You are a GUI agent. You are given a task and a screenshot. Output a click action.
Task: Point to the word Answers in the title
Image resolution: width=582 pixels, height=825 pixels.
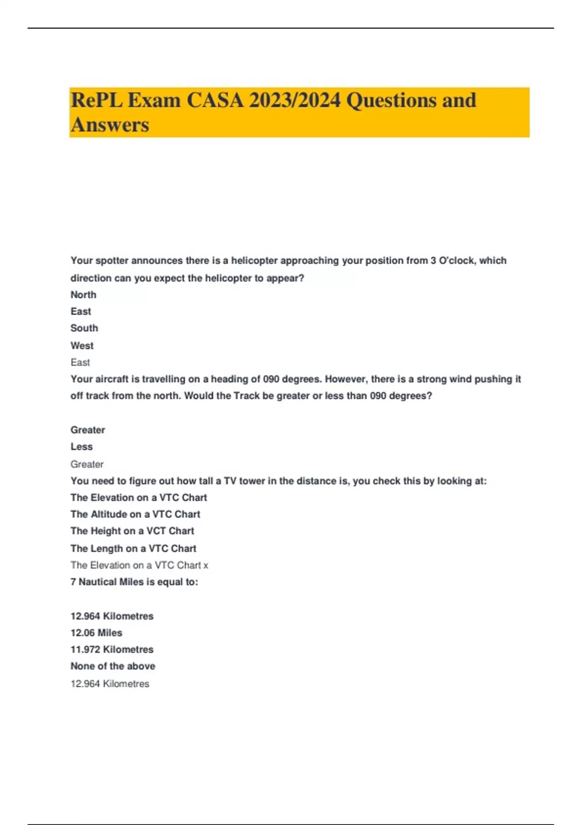tap(110, 125)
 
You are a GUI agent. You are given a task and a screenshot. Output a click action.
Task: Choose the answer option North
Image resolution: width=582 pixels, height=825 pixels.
tap(83, 295)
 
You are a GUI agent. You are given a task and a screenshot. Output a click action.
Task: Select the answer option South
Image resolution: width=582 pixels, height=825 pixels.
tap(84, 328)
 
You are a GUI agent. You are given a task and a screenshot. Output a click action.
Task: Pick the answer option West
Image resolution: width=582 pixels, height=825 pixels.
tap(82, 346)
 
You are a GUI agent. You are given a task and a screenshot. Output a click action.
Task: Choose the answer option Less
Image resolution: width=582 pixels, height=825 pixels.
tap(81, 446)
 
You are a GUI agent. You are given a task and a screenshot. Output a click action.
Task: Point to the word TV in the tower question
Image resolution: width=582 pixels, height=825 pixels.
tap(229, 481)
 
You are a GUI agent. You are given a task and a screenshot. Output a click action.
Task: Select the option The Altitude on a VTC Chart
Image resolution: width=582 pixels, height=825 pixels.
tap(135, 514)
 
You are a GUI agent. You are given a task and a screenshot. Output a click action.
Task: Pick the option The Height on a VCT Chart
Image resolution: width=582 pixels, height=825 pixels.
tap(132, 531)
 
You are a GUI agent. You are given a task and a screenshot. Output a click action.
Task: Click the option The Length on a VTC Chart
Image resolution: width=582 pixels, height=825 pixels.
tap(133, 548)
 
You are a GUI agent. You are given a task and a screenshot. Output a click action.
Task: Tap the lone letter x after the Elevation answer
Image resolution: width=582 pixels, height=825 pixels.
tap(206, 565)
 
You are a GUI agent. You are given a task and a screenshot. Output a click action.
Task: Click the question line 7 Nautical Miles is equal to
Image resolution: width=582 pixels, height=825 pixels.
tap(134, 582)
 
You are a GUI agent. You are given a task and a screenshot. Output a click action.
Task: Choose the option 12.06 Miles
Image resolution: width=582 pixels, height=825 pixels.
tap(97, 633)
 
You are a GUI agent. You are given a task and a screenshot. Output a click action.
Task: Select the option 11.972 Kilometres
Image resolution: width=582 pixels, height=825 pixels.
tap(112, 649)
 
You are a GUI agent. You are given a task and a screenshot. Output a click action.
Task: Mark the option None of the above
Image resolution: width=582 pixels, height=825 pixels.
tap(113, 666)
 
